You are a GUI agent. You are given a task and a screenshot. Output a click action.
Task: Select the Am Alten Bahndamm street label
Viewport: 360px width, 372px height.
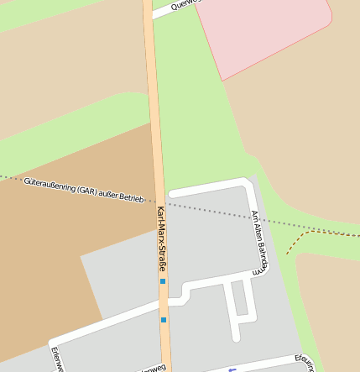(x=258, y=242)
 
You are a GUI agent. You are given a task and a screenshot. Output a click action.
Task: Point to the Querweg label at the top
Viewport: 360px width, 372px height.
(x=184, y=4)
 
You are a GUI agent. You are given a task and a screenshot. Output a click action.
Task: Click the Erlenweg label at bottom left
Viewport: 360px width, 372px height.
(x=55, y=359)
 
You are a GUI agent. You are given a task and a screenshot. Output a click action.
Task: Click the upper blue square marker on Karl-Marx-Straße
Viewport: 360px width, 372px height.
(x=163, y=281)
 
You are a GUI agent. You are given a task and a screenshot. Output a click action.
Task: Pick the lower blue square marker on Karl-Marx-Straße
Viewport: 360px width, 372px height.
(x=164, y=320)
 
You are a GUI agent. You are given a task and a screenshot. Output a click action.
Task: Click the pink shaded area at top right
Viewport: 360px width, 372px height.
(x=269, y=29)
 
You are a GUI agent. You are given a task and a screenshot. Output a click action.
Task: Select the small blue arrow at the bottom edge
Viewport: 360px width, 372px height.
(x=232, y=369)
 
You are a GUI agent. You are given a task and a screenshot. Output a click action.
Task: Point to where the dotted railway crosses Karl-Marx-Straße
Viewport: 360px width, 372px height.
(x=158, y=202)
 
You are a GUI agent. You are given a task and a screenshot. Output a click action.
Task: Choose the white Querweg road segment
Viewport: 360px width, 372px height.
(x=172, y=10)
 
